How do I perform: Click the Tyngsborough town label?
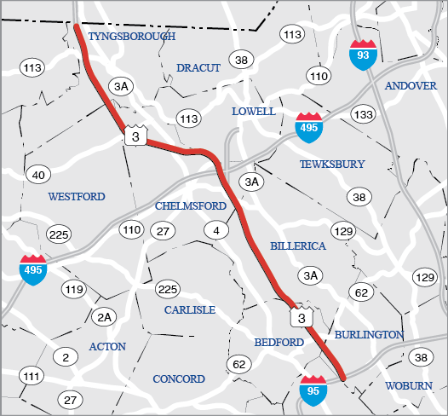point(131,37)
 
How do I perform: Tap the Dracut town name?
point(198,67)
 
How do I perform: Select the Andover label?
point(411,85)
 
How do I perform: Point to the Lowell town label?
point(253,112)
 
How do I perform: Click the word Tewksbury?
point(332,164)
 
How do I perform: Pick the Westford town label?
point(77,196)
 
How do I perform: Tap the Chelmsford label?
point(191,206)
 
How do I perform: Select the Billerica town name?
point(298,246)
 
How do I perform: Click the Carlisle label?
point(190,309)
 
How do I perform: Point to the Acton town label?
point(107,346)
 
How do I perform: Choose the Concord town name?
point(179,378)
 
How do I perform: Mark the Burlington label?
point(369,334)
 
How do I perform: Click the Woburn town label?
point(409,385)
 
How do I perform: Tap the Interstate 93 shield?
point(362,54)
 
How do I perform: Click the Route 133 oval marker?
point(363,114)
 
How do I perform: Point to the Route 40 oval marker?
point(37,176)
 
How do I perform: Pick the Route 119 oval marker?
point(74,290)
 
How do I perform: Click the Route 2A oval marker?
point(104,317)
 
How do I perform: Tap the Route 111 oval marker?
point(32,376)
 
